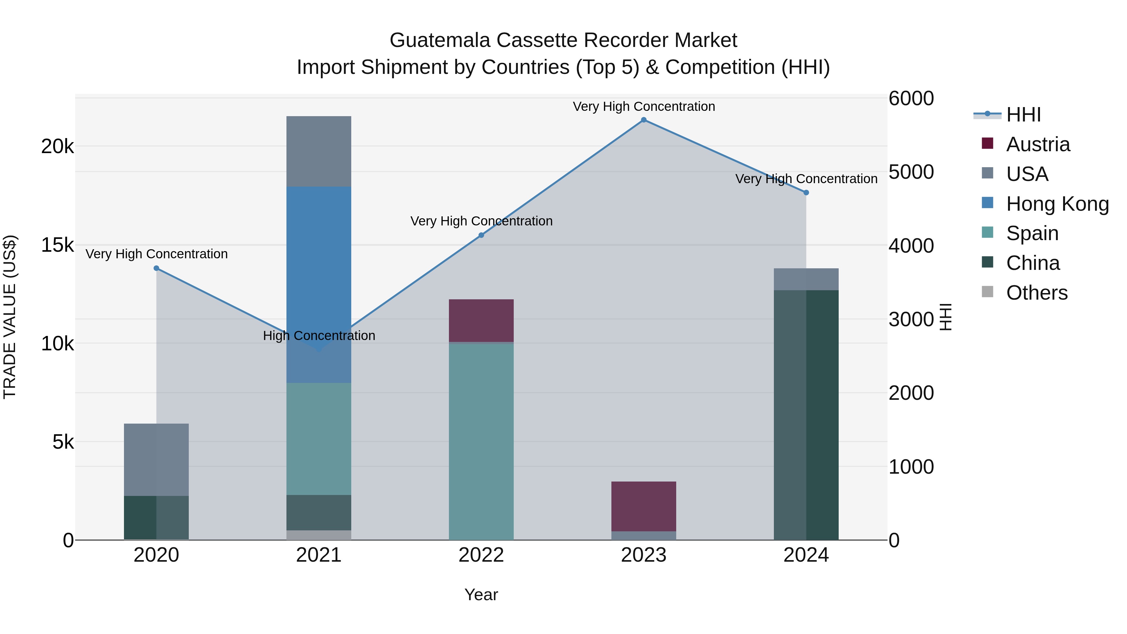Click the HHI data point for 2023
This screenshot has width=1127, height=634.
pos(644,120)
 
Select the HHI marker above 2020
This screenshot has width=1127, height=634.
pos(156,268)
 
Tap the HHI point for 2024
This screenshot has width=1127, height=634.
pos(806,193)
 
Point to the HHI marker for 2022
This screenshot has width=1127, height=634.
pos(481,235)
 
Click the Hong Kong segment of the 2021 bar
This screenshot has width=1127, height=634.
pos(318,263)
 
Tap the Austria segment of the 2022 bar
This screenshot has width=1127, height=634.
pos(481,321)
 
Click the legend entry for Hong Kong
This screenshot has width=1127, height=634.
pos(1057,204)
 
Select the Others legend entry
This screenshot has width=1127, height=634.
pos(1037,293)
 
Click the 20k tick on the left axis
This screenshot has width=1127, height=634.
pos(57,147)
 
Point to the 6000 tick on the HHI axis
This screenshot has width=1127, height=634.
pos(911,98)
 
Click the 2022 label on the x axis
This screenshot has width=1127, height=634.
pos(481,555)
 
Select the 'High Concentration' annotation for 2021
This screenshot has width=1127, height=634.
pos(319,336)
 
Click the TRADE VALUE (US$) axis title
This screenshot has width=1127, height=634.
pos(10,317)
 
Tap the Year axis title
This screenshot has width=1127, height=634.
pos(481,595)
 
